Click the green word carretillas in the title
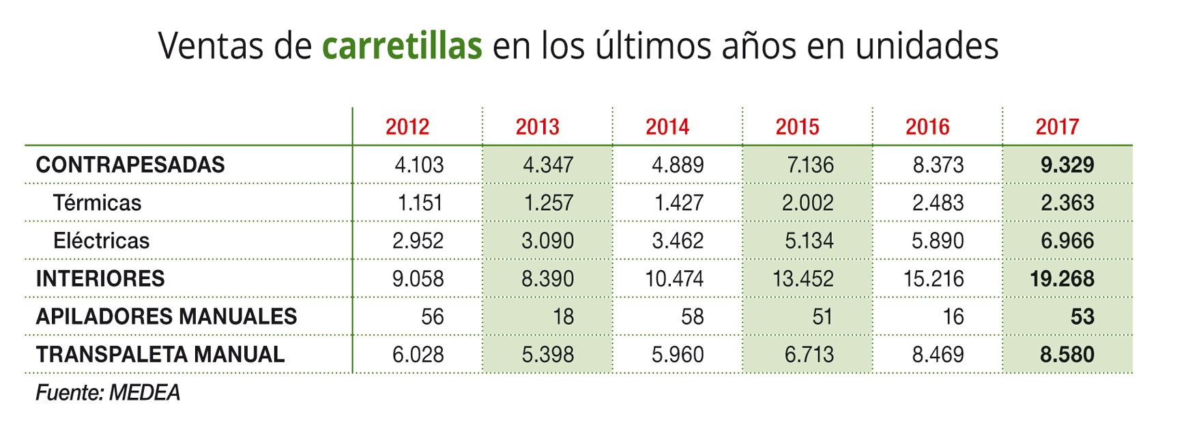[402, 46]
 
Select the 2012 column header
[407, 127]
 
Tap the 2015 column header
[797, 127]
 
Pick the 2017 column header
[1057, 127]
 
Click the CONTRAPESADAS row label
[130, 165]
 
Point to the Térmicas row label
[97, 203]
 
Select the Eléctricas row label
[101, 241]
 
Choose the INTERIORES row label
[100, 279]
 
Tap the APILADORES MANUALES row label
[167, 317]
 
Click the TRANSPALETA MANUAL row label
[160, 355]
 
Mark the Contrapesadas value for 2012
[419, 165]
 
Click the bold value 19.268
[1062, 279]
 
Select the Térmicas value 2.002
[808, 203]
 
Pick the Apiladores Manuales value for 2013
[563, 317]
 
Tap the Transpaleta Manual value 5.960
[678, 355]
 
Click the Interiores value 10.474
[674, 279]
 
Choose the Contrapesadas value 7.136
[810, 165]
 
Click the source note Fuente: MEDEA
[108, 393]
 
